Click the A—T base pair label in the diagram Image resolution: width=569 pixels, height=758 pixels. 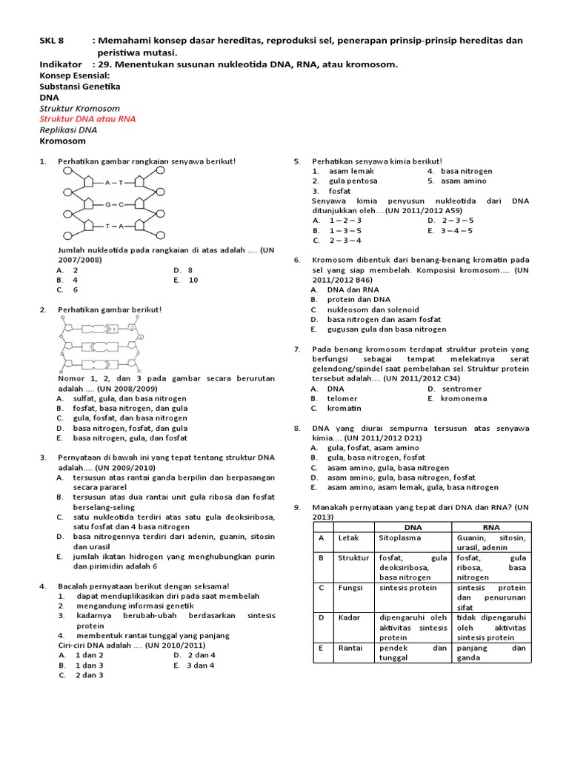pyautogui.click(x=113, y=181)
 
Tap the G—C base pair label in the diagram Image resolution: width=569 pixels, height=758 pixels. pyautogui.click(x=113, y=204)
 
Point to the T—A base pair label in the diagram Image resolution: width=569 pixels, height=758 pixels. pyautogui.click(x=113, y=226)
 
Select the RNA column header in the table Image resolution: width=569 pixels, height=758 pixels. pyautogui.click(x=491, y=527)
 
